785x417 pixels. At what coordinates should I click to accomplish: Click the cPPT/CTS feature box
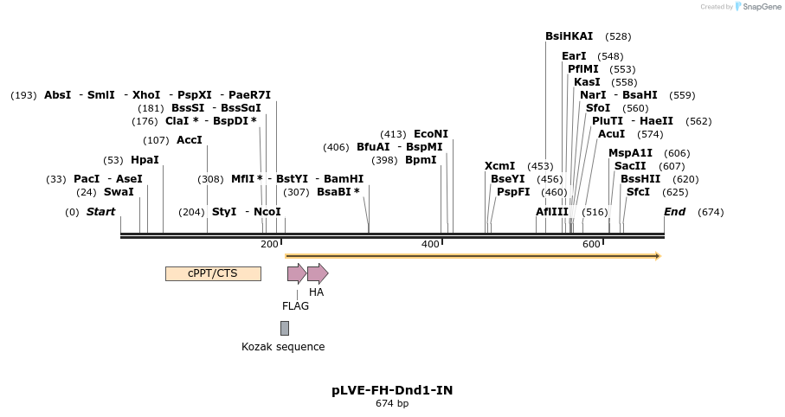213,273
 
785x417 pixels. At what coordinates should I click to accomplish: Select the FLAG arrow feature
296,273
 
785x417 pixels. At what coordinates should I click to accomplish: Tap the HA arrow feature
318,273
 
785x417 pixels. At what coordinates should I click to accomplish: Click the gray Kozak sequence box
284,328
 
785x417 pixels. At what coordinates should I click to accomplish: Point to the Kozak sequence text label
283,347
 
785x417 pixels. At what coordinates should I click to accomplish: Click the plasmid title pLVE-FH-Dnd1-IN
392,390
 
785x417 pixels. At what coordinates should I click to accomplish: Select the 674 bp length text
392,403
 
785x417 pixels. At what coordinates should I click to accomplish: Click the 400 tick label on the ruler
430,245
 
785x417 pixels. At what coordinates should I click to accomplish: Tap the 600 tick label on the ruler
591,245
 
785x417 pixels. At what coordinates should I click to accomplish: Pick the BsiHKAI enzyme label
569,36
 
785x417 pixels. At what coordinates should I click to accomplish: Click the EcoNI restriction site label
431,134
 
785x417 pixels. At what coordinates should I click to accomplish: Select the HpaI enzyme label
145,160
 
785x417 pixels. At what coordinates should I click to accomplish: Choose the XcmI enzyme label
499,166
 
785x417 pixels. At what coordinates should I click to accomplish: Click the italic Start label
100,212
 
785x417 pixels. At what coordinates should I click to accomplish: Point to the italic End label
674,212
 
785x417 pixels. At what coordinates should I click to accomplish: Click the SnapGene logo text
759,7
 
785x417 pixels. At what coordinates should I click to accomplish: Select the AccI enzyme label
189,140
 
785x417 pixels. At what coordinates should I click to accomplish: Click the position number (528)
618,36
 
